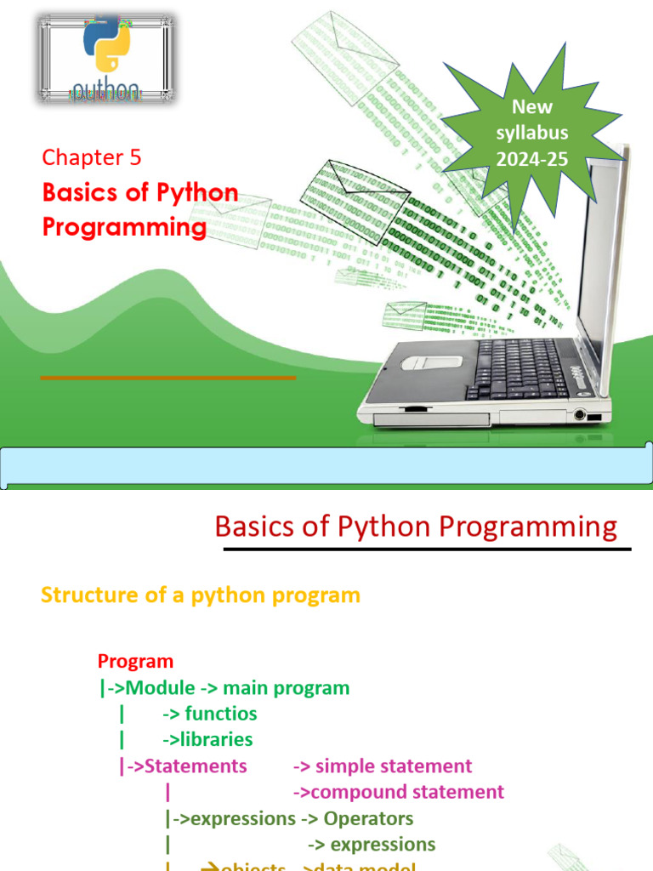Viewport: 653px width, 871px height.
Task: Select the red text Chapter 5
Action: point(92,157)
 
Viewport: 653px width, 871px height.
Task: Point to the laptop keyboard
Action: point(519,367)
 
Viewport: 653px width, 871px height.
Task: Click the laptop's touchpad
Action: point(431,361)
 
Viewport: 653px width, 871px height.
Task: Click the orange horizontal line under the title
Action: point(168,377)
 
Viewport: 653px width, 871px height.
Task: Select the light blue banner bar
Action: point(326,468)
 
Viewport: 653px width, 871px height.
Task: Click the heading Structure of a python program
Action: point(201,595)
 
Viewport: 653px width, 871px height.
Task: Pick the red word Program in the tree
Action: point(135,661)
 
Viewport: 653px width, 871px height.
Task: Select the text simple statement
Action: point(394,766)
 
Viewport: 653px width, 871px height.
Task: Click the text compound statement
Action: point(407,793)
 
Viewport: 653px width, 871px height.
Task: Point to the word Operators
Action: point(368,819)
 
